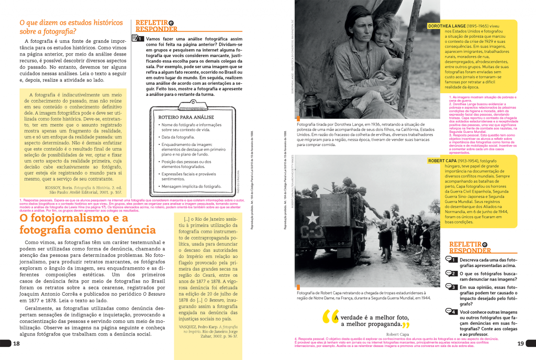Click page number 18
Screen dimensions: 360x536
(x=16, y=344)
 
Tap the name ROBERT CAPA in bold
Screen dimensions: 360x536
(x=446, y=161)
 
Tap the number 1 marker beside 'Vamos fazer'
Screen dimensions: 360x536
(x=139, y=39)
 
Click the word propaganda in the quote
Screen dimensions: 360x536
(x=381, y=323)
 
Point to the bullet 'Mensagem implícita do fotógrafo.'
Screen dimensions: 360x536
(x=192, y=187)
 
